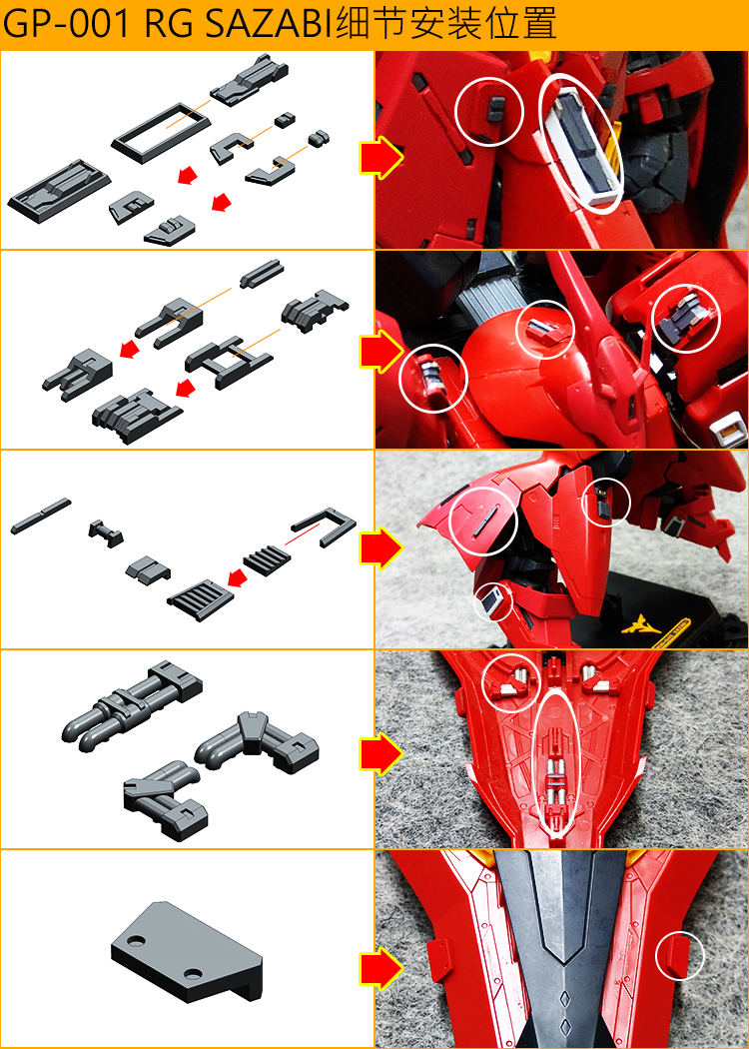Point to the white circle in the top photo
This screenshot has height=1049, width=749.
pos(489,112)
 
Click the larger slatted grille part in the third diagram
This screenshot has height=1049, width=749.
pos(201,596)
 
